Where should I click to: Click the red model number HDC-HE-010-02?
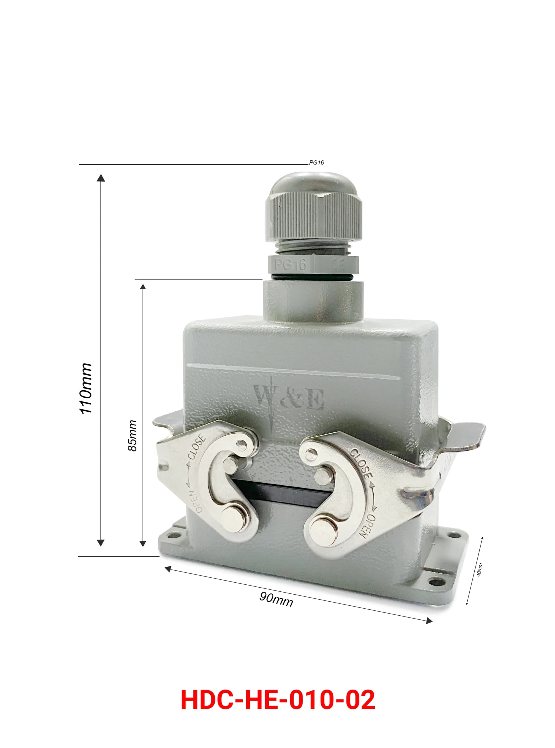[x=277, y=700]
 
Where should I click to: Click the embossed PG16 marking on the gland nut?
[x=290, y=265]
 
